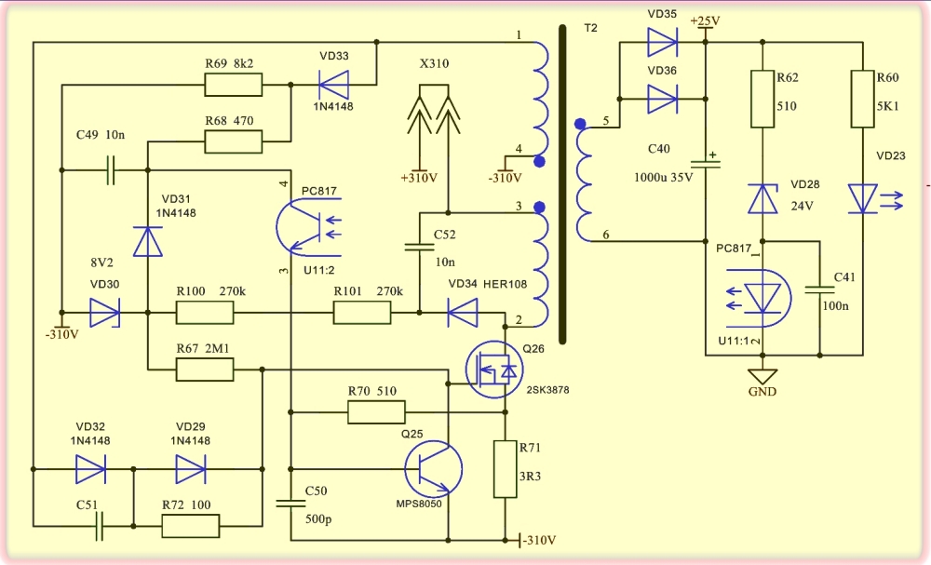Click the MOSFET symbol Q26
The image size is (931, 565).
point(494,370)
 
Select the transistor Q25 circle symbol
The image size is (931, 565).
point(434,469)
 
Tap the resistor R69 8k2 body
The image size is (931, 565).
point(234,85)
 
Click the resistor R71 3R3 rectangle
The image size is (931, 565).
point(506,469)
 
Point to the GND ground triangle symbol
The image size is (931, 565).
point(762,376)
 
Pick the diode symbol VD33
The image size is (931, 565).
point(333,85)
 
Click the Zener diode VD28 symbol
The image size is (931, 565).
point(762,198)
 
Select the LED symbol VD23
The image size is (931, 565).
point(863,198)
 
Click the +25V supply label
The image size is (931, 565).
point(705,20)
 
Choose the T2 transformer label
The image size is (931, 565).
point(591,28)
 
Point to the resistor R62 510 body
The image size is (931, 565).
point(762,99)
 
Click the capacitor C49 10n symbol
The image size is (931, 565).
point(111,170)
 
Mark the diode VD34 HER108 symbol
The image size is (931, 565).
point(463,312)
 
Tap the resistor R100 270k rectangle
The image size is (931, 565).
point(205,312)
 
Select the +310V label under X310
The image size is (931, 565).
point(419,178)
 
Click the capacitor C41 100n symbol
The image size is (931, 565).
point(820,289)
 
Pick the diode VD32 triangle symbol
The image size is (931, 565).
point(90,469)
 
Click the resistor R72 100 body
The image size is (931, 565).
point(191,526)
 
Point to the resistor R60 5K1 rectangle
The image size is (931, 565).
point(863,99)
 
